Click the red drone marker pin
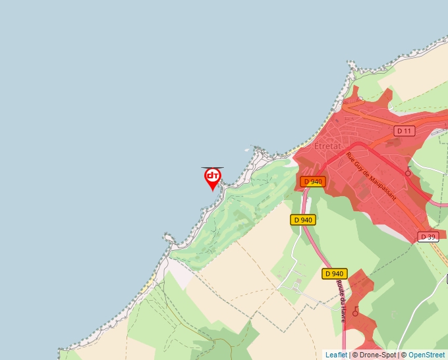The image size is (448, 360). [212, 177]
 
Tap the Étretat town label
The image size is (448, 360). [327, 145]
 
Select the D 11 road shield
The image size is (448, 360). [405, 131]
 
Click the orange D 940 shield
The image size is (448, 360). [313, 182]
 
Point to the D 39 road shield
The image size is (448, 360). [429, 237]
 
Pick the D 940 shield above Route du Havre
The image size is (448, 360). [334, 274]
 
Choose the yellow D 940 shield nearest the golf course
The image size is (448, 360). [303, 220]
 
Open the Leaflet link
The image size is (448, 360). [336, 355]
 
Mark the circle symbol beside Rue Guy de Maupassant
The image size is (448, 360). [408, 172]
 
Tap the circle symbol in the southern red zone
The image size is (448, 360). [356, 312]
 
